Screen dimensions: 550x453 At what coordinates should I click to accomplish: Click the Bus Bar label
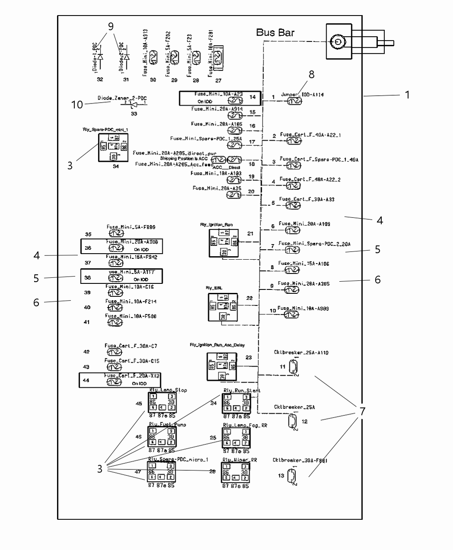point(275,32)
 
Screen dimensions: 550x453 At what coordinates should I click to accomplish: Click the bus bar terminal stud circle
point(336,42)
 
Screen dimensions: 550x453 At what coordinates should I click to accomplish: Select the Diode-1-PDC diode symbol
point(100,57)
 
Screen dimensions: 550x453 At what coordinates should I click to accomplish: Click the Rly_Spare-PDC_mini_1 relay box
point(113,148)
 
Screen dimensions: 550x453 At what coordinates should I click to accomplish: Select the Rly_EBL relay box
point(223,307)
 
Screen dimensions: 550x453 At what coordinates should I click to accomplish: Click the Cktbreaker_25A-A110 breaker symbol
point(294,367)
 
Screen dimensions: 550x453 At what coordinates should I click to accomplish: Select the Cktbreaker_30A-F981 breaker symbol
point(292,476)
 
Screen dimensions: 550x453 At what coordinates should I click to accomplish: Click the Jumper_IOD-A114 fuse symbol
point(295,101)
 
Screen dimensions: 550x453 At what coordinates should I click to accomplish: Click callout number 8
point(311,74)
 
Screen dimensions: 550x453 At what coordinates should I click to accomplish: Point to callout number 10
point(77,104)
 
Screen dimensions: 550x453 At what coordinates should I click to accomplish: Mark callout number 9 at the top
point(111,26)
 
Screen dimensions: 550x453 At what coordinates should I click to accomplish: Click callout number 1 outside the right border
point(407,94)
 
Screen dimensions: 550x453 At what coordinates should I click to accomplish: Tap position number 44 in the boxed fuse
point(86,380)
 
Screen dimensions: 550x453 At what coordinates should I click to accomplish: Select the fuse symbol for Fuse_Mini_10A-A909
point(291,315)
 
